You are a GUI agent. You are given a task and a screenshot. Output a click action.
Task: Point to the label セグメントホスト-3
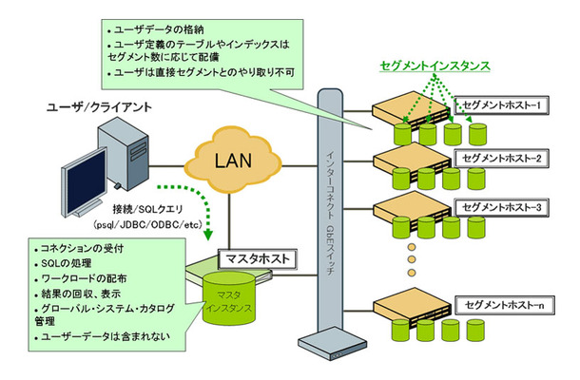(502, 206)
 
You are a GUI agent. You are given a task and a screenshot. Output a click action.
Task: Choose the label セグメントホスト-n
(501, 304)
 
